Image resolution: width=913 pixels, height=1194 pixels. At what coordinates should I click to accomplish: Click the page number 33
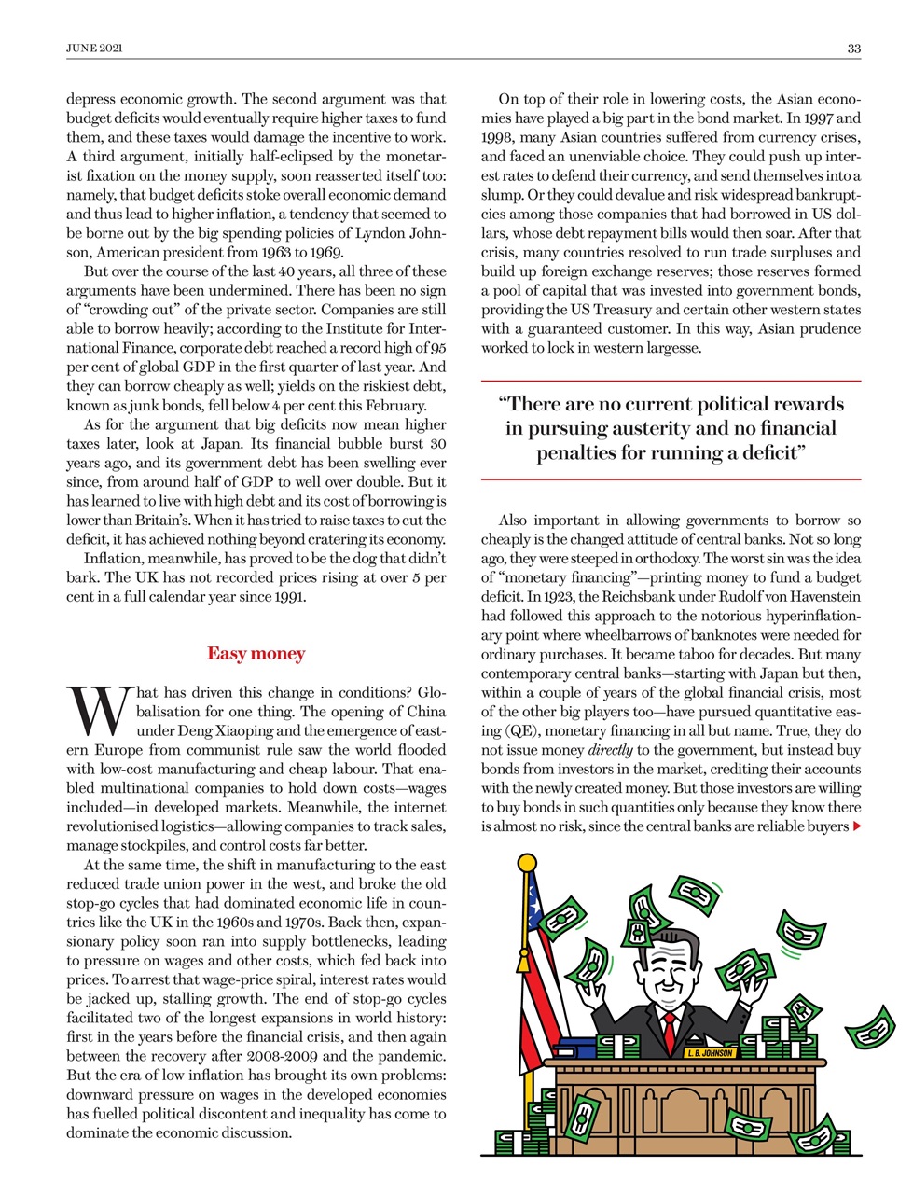click(853, 49)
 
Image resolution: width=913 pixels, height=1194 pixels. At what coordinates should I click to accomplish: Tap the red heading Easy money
click(256, 653)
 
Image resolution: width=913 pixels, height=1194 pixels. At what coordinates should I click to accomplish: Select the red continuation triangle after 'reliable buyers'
click(857, 826)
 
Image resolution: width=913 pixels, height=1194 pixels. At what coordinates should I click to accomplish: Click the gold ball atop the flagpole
click(527, 862)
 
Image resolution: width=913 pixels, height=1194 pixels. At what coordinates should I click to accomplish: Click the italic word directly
click(610, 750)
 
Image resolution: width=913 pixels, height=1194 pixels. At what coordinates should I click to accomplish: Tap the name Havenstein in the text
click(821, 596)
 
